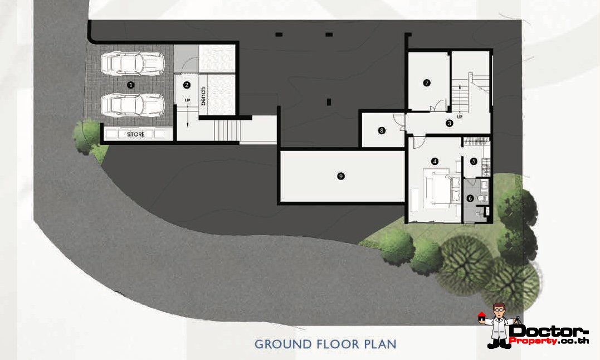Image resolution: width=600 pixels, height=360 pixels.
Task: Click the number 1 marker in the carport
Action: [131, 85]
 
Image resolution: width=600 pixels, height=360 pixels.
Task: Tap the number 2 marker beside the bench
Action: [187, 85]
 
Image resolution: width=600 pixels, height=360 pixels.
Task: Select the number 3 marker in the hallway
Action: [449, 123]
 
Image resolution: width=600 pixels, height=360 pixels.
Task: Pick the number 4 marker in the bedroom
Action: [435, 162]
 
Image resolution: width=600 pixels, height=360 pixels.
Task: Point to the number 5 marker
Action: [474, 162]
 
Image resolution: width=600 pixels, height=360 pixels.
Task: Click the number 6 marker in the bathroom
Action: [470, 198]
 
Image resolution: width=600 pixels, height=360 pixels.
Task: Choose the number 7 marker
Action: [427, 82]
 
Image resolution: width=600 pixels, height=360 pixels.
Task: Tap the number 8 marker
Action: [382, 130]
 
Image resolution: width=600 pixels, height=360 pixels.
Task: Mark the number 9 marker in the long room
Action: [341, 176]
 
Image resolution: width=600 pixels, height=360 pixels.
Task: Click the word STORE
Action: [136, 134]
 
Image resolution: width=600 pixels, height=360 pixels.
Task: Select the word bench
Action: [203, 96]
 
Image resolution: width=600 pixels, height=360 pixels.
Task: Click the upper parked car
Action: [133, 63]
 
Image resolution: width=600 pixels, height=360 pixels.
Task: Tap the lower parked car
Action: [133, 104]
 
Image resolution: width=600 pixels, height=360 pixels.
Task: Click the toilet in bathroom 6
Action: [482, 198]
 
